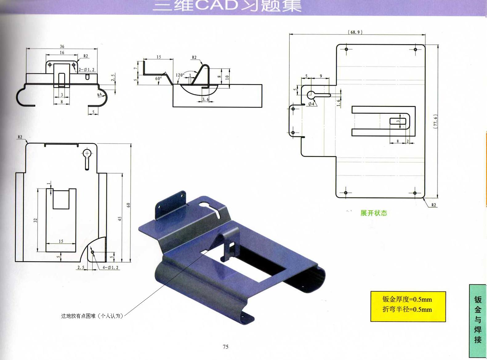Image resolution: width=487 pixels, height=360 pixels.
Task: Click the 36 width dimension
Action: [62, 46]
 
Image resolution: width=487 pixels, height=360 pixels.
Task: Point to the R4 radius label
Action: [100, 95]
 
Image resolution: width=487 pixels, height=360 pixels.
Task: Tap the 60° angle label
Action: [158, 79]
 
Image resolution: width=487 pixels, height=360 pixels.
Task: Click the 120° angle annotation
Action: [180, 75]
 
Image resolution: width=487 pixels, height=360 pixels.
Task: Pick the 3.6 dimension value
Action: [205, 99]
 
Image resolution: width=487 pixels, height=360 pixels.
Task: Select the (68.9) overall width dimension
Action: [355, 32]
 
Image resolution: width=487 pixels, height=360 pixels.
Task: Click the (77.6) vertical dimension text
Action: [435, 122]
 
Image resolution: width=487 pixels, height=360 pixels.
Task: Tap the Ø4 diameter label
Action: [311, 104]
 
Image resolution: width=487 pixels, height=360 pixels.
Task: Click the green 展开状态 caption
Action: [374, 213]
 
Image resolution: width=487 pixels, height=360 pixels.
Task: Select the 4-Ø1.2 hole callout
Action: [111, 267]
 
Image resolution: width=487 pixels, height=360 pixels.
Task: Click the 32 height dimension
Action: [35, 220]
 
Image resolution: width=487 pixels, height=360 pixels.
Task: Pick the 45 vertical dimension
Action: [120, 218]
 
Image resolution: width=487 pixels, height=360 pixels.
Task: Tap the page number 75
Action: [226, 347]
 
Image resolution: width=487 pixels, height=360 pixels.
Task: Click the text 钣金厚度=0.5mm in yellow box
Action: [407, 299]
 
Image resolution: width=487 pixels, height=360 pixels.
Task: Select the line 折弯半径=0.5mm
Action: [407, 310]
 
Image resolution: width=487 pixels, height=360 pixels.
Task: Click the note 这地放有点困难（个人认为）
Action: [92, 316]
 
